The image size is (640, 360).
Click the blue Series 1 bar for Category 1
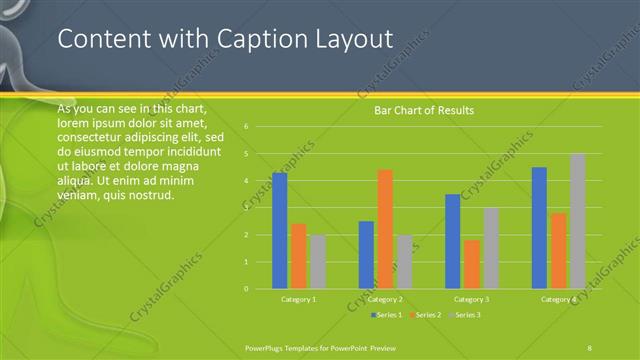[280, 231]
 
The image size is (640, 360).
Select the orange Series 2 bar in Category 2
[385, 229]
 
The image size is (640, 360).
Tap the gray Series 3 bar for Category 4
[577, 221]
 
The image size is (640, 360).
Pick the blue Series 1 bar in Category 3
[453, 241]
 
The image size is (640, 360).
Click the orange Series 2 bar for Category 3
[472, 264]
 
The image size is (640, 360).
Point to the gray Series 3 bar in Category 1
[318, 262]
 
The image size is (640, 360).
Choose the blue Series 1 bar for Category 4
[540, 228]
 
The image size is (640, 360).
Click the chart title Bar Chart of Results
[424, 110]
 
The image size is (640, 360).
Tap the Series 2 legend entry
[425, 315]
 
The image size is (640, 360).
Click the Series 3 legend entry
[464, 315]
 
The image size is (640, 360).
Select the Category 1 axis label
[297, 299]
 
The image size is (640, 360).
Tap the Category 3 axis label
[471, 299]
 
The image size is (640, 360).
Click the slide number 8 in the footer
[589, 347]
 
